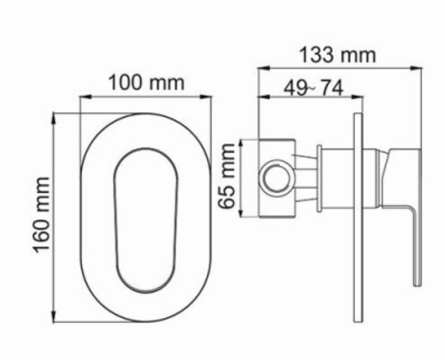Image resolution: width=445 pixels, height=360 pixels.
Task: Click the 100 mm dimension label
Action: [x=146, y=82]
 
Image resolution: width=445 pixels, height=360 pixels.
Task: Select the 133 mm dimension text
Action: [x=338, y=55]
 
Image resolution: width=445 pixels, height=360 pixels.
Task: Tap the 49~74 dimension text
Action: [x=314, y=88]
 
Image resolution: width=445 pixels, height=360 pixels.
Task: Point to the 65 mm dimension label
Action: [x=227, y=176]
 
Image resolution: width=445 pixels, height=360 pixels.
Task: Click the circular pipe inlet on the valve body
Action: [x=277, y=178]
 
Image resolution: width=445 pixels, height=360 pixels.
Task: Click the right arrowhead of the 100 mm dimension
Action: [x=206, y=97]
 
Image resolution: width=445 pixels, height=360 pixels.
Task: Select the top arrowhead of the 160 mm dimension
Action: [x=54, y=119]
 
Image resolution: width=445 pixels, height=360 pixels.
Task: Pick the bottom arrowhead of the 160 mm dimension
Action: [x=54, y=317]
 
